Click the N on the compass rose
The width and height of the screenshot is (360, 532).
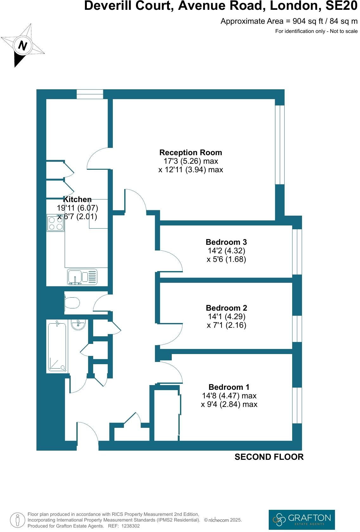(x=22, y=46)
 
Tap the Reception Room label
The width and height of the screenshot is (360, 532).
(x=190, y=153)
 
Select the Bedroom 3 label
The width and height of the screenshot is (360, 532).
(x=226, y=242)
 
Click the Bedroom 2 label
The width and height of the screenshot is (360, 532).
(x=226, y=308)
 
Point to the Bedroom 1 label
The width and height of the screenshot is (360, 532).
(x=229, y=387)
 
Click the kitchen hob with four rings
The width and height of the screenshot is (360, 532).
(x=55, y=223)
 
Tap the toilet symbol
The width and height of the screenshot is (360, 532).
(x=72, y=303)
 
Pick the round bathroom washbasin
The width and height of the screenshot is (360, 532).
(x=78, y=325)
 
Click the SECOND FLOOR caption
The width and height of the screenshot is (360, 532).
(x=269, y=457)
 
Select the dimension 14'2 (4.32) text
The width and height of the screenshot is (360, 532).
(x=226, y=251)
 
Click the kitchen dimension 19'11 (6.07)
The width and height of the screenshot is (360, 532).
(x=77, y=208)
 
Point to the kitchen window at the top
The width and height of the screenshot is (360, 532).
(x=90, y=94)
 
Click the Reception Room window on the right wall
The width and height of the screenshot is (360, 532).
(x=280, y=145)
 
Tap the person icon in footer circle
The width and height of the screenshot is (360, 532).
(x=18, y=519)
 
